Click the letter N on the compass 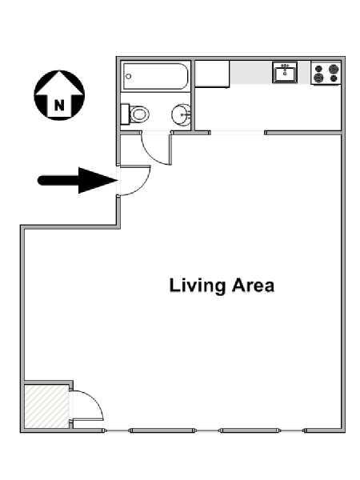[59, 106]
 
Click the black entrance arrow [78, 180]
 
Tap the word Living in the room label [197, 286]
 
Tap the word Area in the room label [253, 286]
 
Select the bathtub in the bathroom [155, 76]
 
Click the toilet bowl [139, 114]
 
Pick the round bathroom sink [182, 114]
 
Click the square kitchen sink [285, 72]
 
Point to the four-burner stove [326, 73]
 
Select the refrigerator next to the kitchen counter [212, 74]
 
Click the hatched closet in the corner [46, 406]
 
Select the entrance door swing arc [142, 185]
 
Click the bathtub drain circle [129, 76]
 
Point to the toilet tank [125, 114]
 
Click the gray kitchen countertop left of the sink [251, 73]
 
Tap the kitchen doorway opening [238, 133]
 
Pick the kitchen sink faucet [285, 66]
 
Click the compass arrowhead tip [59, 71]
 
